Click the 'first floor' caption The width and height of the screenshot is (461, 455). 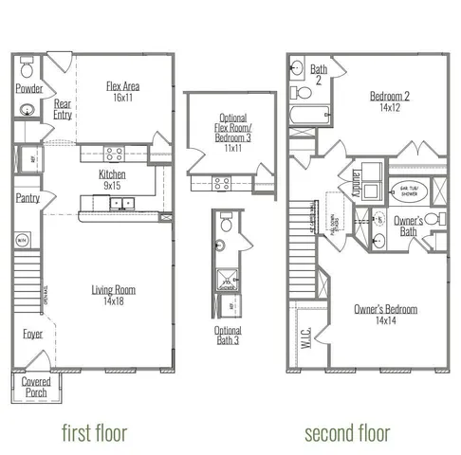[x=94, y=433]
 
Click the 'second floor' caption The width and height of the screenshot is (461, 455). [x=347, y=433]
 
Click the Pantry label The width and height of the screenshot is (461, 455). [x=28, y=198]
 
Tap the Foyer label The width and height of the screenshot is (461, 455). [x=32, y=334]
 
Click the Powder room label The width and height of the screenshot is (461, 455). [x=28, y=88]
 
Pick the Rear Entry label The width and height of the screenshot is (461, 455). [x=63, y=109]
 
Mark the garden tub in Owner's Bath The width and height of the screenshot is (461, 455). [x=408, y=190]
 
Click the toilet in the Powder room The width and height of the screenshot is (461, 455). [x=27, y=70]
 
